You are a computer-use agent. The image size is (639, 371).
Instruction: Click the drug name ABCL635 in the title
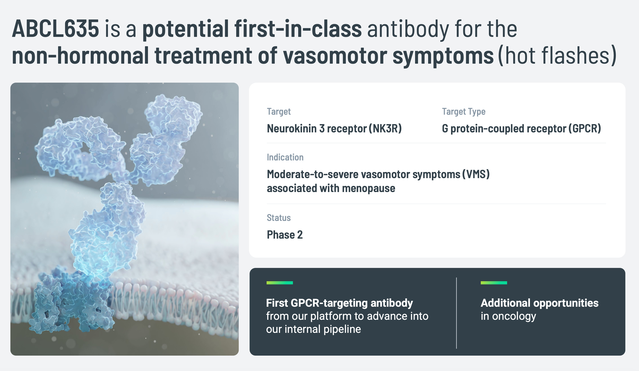coord(55,29)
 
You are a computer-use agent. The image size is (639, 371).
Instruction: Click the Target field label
coord(279,112)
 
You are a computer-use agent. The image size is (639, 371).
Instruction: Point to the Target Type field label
coord(463,112)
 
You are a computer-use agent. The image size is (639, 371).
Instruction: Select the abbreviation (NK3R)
coord(385,129)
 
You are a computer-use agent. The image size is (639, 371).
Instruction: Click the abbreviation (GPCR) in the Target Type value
coord(585,129)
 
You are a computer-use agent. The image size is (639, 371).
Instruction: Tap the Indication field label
coord(285,157)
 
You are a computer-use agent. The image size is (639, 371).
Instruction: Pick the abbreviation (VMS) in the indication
coord(476,174)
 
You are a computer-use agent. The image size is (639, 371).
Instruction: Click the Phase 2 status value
coord(285,235)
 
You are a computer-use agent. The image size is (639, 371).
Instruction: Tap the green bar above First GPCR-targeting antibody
coord(280,283)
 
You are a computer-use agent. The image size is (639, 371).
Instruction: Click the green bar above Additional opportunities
coord(494,283)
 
